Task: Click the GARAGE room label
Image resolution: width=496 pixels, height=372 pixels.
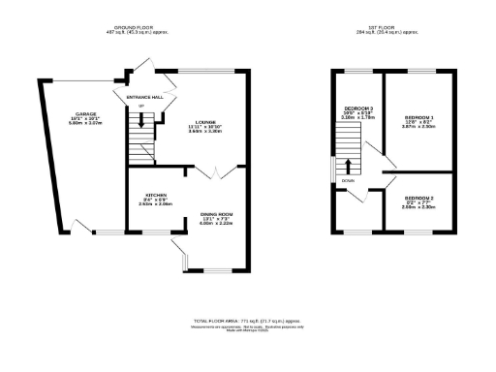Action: tap(78, 113)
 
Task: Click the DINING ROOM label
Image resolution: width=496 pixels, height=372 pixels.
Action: tap(217, 214)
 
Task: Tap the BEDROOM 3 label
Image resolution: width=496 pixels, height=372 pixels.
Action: tap(358, 108)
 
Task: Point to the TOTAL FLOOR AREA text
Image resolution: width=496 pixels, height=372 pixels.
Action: tap(247, 319)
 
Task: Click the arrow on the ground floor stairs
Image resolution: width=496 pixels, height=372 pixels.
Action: tap(143, 120)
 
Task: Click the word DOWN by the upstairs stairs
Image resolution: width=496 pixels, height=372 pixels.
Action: tap(348, 180)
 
